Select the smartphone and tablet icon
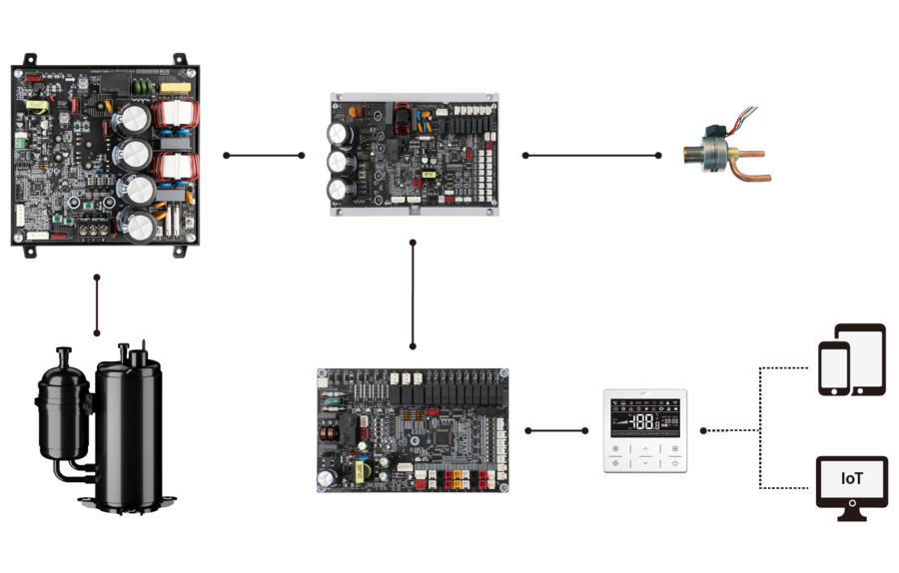pyautogui.click(x=851, y=359)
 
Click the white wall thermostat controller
pyautogui.click(x=645, y=429)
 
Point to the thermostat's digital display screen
pyautogui.click(x=645, y=415)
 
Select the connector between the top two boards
pyautogui.click(x=265, y=156)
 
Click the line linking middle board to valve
pyautogui.click(x=590, y=156)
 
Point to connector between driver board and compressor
pyautogui.click(x=97, y=305)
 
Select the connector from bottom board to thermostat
pyautogui.click(x=556, y=430)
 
